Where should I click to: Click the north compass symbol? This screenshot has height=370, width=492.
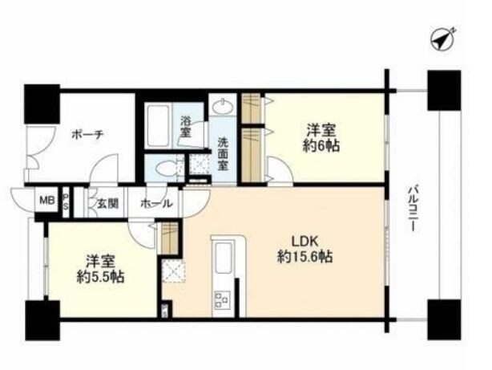click(442, 39)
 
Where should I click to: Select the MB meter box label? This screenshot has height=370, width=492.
click(47, 200)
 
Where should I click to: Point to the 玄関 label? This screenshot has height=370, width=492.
click(107, 204)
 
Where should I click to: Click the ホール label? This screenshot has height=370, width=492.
click(156, 204)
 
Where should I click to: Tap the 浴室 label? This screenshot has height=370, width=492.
click(185, 127)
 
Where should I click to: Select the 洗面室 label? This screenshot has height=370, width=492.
click(223, 154)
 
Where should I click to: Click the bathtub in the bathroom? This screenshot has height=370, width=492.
click(159, 125)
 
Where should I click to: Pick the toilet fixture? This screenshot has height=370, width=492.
click(166, 169)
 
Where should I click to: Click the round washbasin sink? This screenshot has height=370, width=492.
click(223, 106)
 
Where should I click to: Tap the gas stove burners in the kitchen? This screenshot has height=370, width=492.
click(222, 299)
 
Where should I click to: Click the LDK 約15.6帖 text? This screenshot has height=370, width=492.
click(305, 250)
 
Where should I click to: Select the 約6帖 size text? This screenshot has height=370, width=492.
click(321, 146)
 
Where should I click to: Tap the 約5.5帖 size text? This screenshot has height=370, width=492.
click(101, 277)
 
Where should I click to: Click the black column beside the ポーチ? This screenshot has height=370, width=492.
click(42, 104)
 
